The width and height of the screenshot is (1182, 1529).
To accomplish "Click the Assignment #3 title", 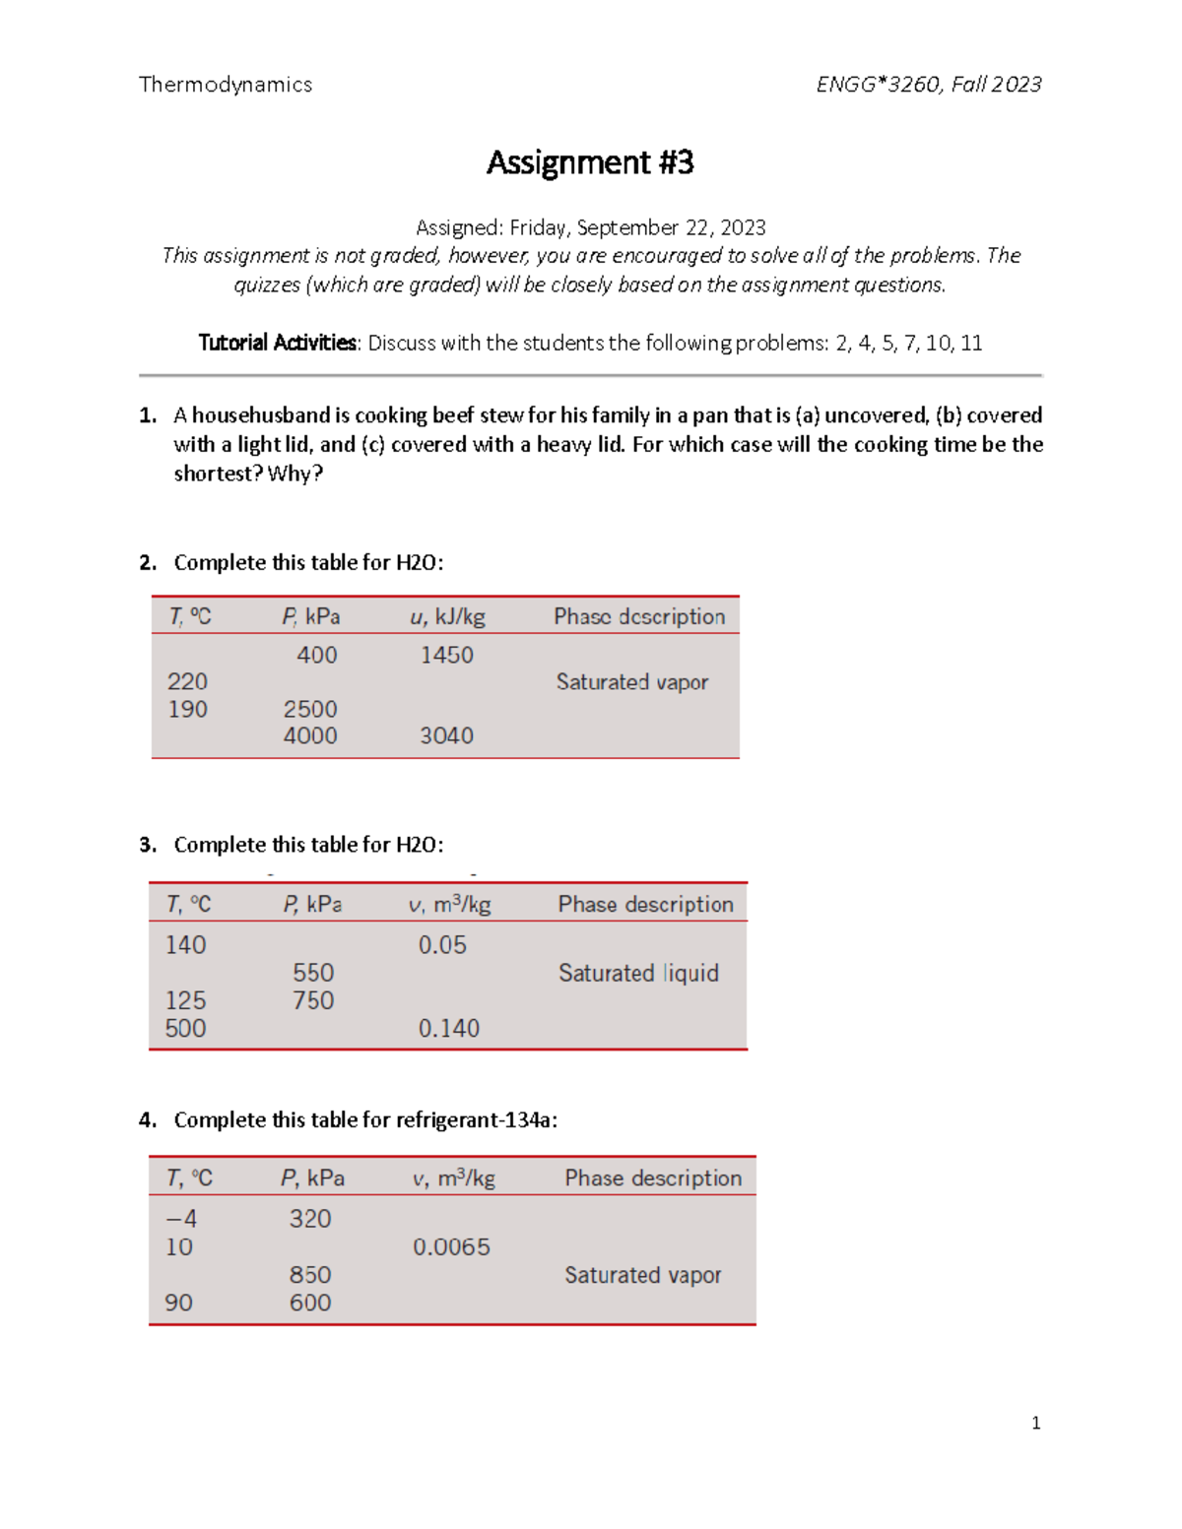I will tap(590, 162).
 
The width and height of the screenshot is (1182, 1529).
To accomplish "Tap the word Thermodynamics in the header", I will tap(226, 85).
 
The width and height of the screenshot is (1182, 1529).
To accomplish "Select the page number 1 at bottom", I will tap(1035, 1423).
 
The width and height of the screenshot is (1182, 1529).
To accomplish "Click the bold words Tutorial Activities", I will tap(278, 343).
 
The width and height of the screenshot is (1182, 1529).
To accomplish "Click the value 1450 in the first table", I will tap(446, 655).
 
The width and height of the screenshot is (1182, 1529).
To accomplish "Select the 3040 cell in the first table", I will tap(446, 735).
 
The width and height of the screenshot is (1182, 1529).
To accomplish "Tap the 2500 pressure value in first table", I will tap(310, 709).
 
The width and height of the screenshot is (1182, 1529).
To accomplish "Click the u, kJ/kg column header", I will tap(447, 616).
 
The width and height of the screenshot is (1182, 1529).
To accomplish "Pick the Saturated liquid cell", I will tap(638, 973).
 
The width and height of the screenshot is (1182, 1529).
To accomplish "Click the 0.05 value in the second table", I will tap(442, 945).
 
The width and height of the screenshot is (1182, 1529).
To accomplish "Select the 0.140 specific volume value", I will tap(448, 1028).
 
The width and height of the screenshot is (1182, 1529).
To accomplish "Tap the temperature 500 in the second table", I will tap(185, 1028).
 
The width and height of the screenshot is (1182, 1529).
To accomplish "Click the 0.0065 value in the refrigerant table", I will tap(451, 1246).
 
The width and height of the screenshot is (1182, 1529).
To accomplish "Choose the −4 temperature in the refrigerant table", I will tap(181, 1219).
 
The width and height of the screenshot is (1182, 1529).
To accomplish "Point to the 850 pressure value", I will tap(310, 1275).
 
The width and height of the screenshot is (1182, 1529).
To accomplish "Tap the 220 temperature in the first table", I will tap(187, 681).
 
